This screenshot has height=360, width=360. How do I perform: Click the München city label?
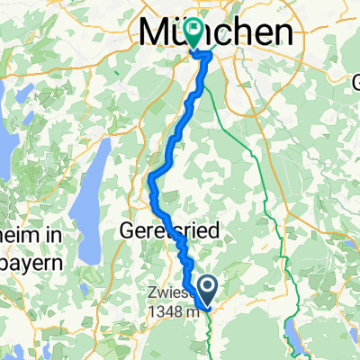[216, 33]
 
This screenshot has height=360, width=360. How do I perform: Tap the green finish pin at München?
[194, 32]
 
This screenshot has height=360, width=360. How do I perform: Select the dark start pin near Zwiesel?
[207, 289]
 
